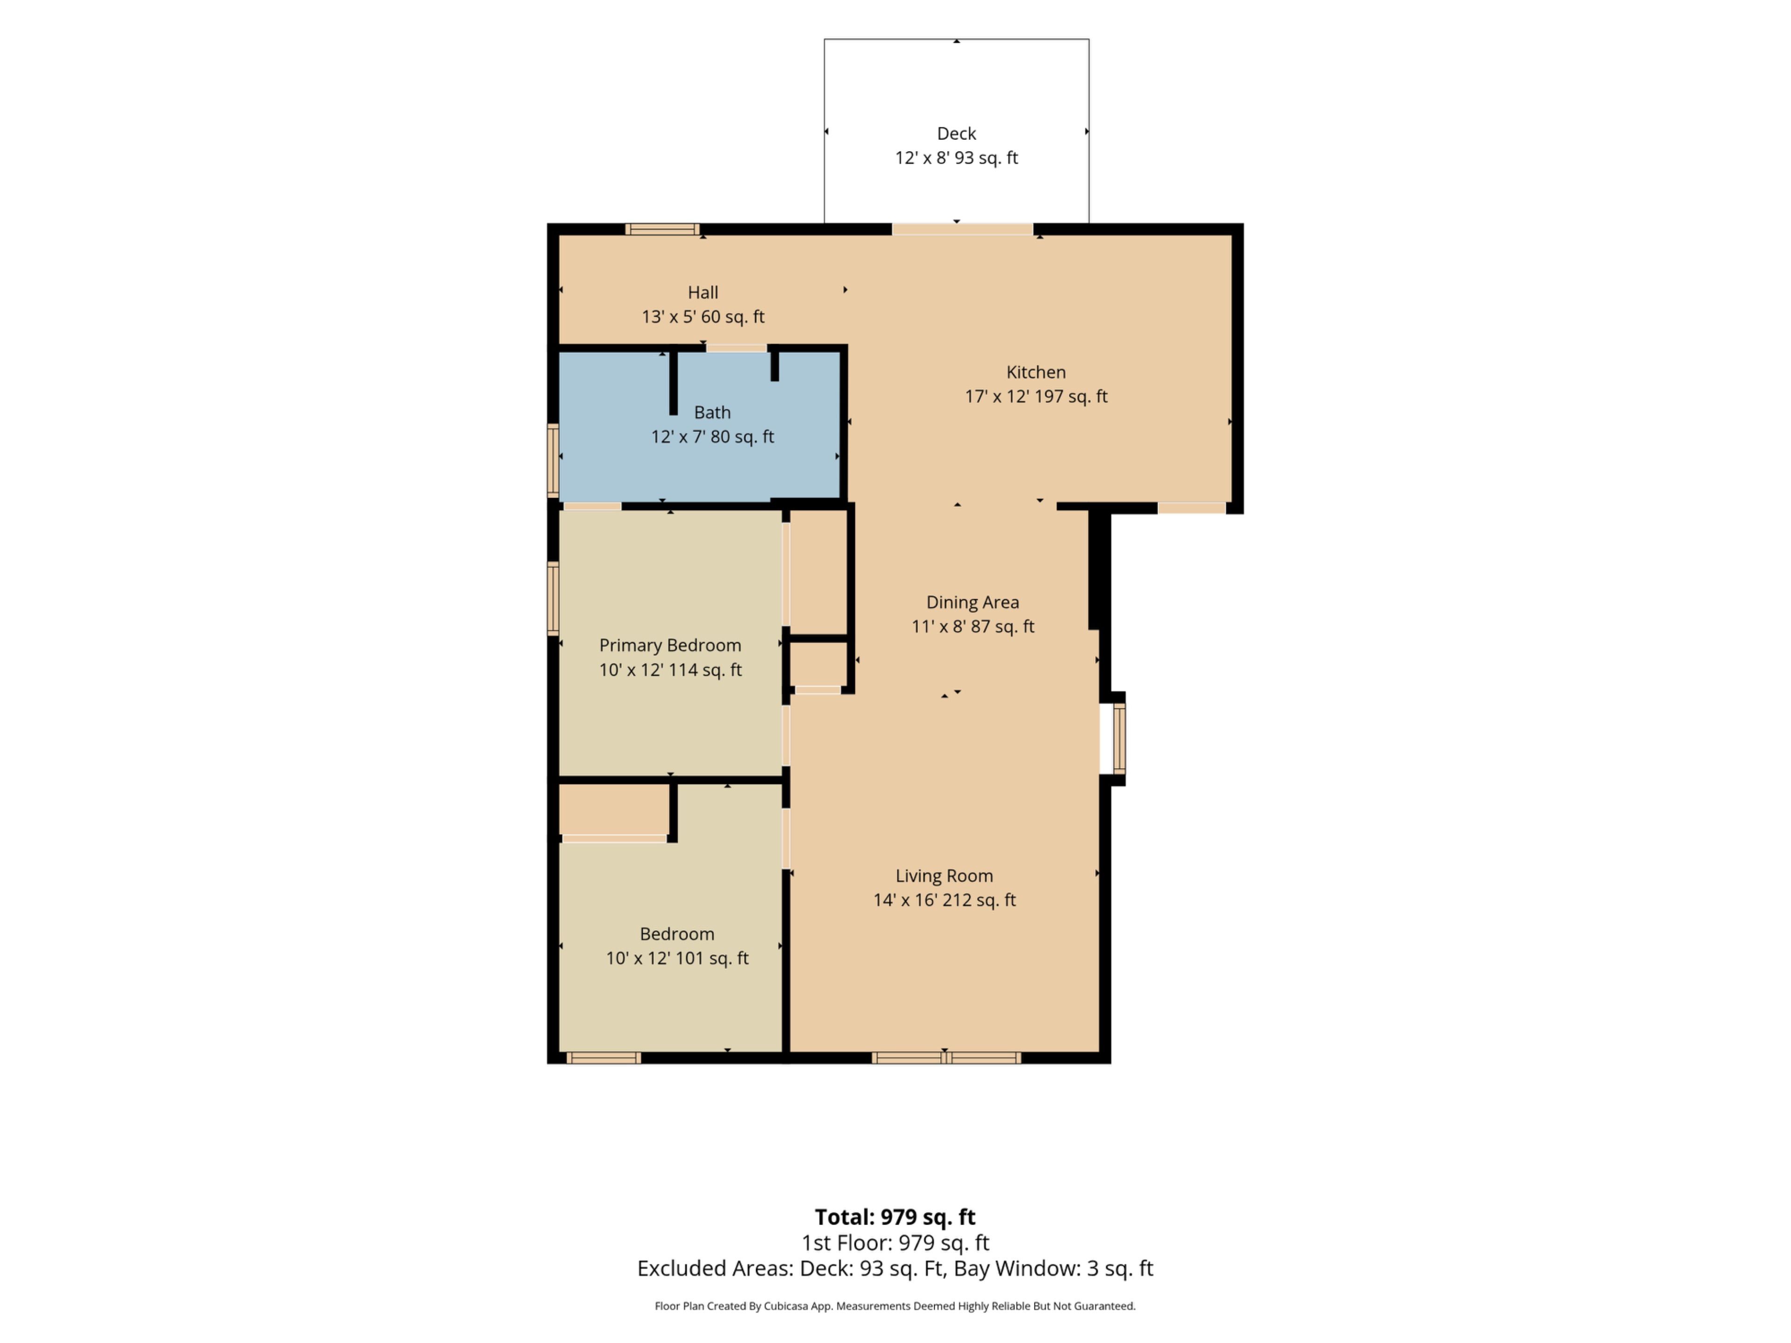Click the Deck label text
(956, 133)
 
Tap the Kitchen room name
(1035, 373)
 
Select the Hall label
(703, 292)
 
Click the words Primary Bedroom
(670, 645)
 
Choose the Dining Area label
(972, 602)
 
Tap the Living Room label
(944, 876)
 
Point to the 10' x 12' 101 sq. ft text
(677, 958)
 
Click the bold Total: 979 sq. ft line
(895, 1217)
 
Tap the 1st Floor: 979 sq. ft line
(895, 1243)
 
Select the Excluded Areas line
(895, 1268)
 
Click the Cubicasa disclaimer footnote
(895, 1306)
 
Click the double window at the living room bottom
(946, 1057)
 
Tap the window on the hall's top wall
(662, 229)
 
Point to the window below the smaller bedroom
(603, 1057)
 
